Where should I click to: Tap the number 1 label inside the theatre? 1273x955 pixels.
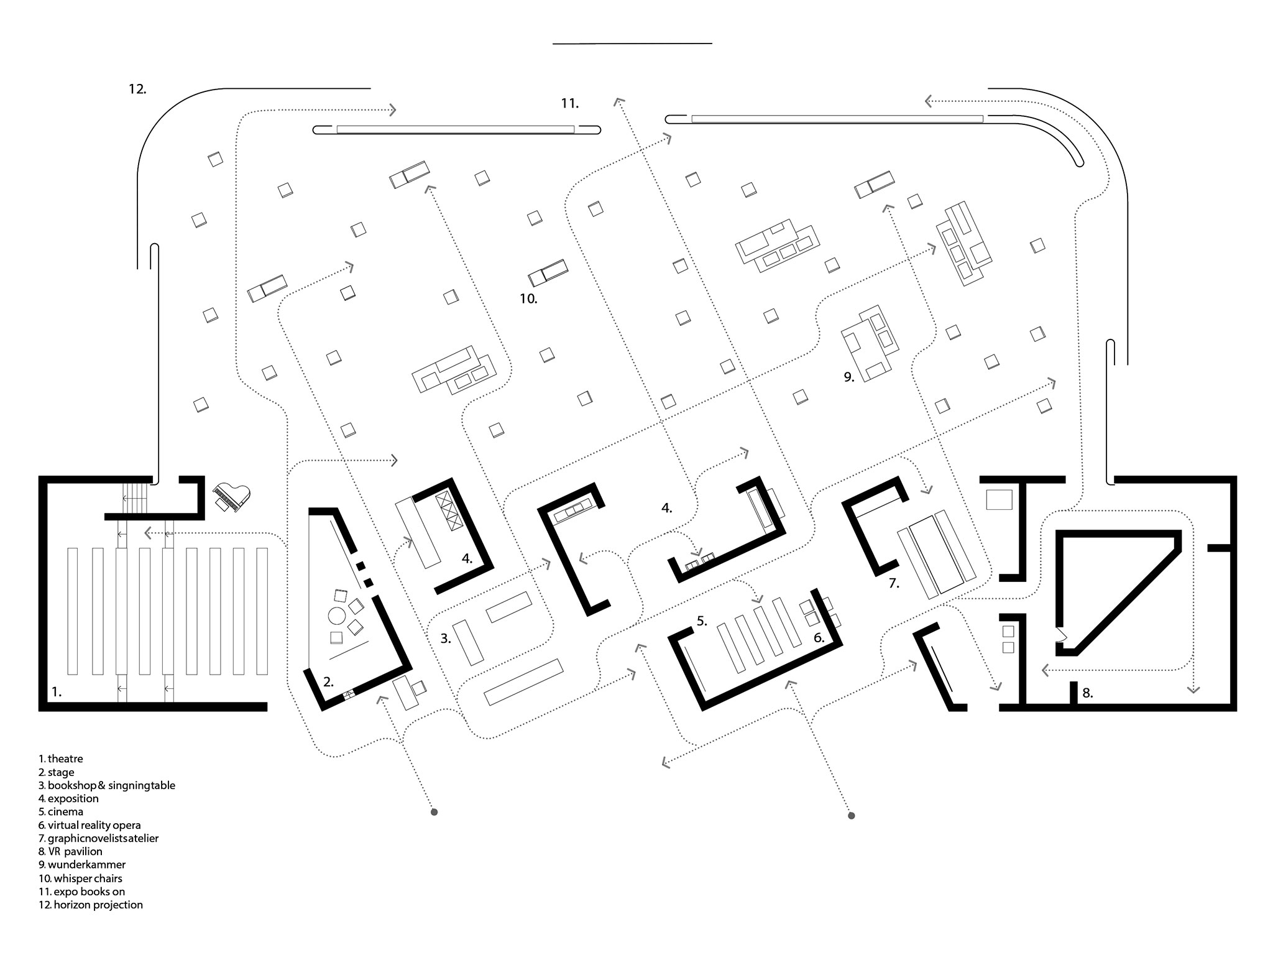point(57,691)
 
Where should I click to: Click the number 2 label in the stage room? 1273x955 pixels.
point(328,681)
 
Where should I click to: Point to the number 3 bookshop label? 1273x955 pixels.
point(446,638)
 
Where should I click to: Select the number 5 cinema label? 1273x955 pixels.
point(702,621)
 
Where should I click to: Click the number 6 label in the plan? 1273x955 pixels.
point(819,637)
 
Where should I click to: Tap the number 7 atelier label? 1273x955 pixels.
point(894,583)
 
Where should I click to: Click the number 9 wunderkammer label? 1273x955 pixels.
point(849,377)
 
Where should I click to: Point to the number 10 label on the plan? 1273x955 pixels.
point(528,298)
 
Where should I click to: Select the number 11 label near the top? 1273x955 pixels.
point(570,103)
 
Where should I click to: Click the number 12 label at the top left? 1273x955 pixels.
point(137,89)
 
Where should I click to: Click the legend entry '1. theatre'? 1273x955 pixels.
point(60,759)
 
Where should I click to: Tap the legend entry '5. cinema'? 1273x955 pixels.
point(60,811)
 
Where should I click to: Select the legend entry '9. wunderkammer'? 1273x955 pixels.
point(82,864)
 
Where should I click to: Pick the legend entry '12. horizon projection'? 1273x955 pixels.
point(91,905)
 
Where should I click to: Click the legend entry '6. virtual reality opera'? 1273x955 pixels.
point(90,825)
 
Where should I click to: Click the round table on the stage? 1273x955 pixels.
point(337,616)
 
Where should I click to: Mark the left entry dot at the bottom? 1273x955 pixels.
point(434,812)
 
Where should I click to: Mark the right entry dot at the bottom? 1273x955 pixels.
point(852,815)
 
